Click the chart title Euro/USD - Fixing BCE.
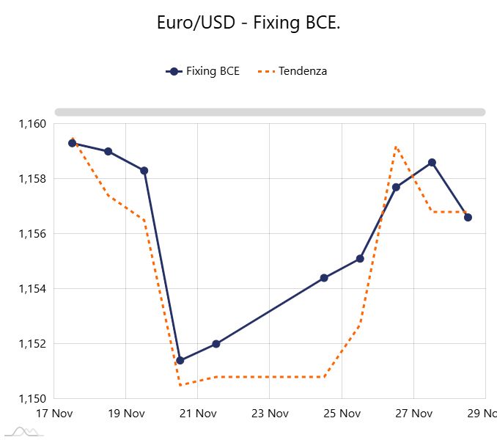point(248,23)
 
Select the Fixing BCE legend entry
point(203,71)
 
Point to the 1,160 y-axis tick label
point(32,124)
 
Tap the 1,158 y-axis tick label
point(32,179)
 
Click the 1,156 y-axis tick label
point(32,234)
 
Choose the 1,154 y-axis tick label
point(32,289)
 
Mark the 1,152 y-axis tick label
point(32,344)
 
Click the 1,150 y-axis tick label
point(32,399)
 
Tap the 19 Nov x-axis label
point(125,414)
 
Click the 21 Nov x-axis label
point(196,414)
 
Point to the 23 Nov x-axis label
point(268,414)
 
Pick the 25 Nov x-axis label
point(340,414)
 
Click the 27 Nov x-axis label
point(412,414)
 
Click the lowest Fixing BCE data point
point(180,361)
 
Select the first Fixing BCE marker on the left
point(73,143)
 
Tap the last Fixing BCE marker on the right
point(468,217)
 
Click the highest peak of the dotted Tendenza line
point(396,147)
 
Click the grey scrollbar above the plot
point(270,112)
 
